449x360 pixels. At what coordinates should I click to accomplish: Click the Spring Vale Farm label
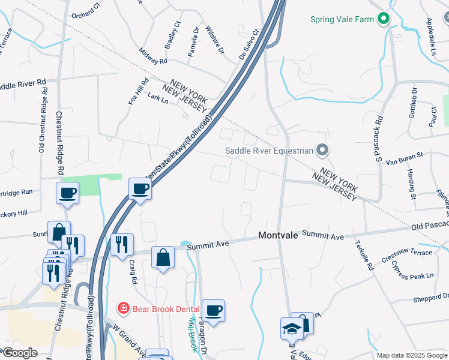click(342, 19)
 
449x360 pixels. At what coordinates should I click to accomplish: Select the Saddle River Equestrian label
click(269, 151)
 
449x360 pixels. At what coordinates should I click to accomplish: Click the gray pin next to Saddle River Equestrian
click(323, 150)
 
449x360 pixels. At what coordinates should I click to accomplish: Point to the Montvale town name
click(279, 236)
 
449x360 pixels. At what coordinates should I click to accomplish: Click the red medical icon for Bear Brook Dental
click(123, 308)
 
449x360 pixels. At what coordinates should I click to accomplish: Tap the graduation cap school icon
click(291, 329)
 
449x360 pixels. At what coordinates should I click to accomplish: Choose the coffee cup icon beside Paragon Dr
click(213, 310)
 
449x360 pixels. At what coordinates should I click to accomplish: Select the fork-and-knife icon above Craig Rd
click(122, 244)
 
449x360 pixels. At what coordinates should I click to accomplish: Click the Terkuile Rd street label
click(364, 256)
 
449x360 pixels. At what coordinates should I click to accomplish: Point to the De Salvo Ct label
click(248, 43)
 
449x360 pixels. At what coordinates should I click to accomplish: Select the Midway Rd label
click(153, 57)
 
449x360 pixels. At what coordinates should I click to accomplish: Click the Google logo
click(19, 353)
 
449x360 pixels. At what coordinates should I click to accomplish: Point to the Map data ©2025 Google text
click(411, 355)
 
